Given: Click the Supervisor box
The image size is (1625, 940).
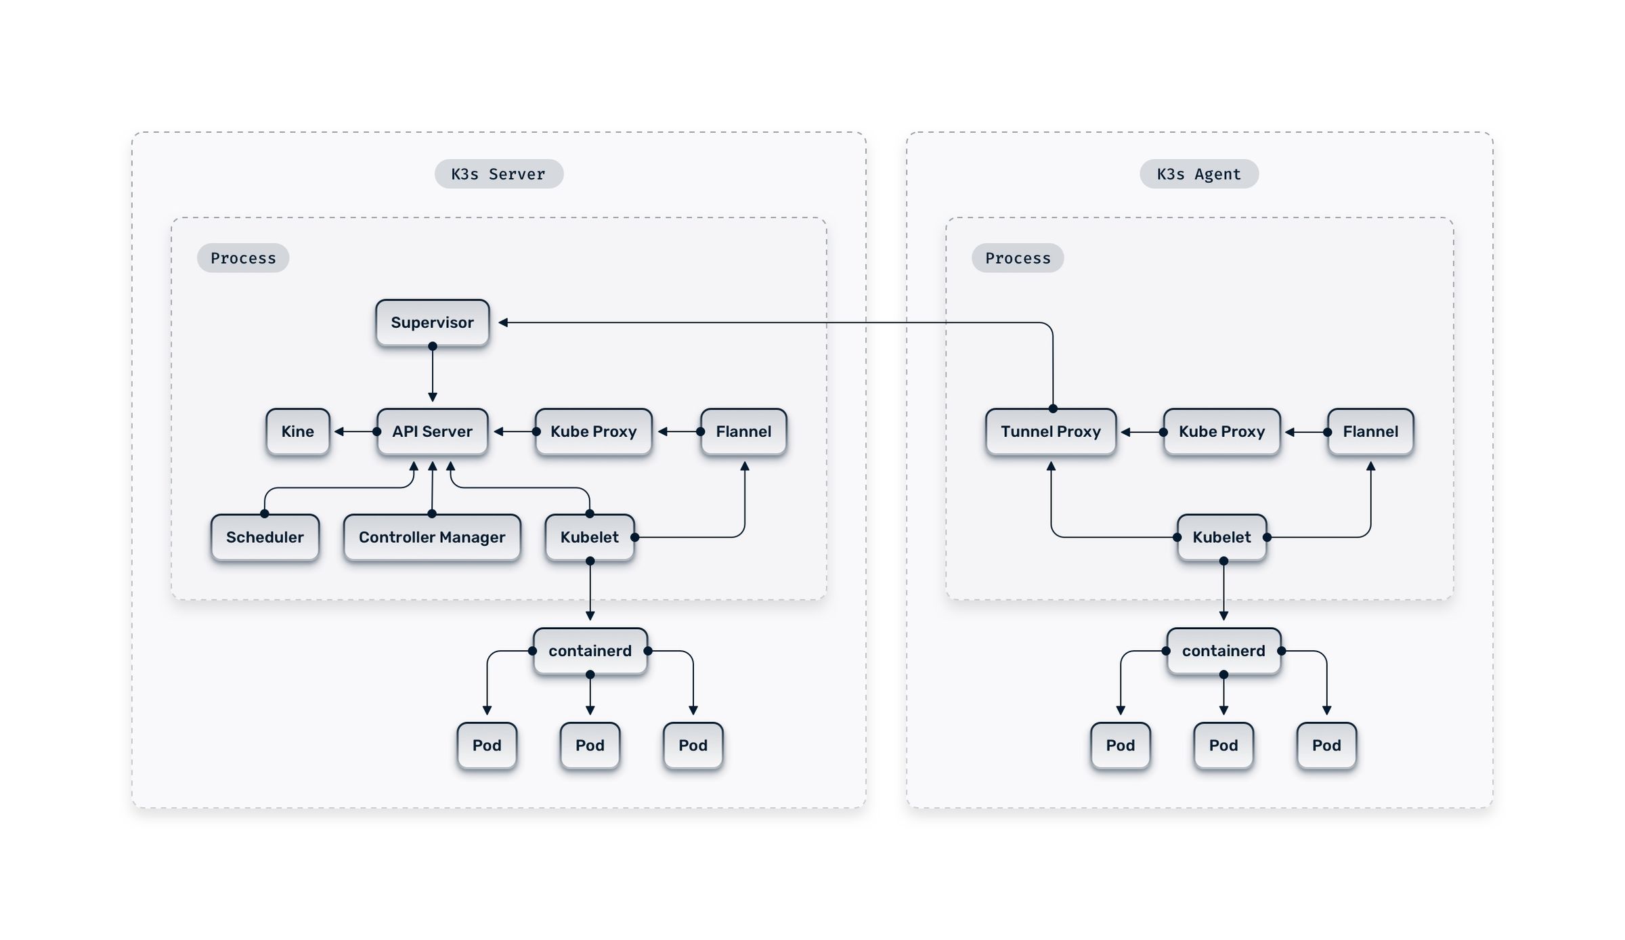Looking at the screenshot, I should [x=432, y=322].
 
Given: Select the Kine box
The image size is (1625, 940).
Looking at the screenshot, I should [x=297, y=431].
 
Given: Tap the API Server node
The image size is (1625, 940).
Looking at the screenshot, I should [x=432, y=431].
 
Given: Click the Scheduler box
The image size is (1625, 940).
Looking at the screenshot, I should [x=265, y=537].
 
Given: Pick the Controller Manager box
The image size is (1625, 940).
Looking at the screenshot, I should [x=432, y=537].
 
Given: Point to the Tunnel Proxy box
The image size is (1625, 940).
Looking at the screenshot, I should [x=1050, y=431].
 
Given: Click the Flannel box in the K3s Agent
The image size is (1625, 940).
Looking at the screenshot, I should [x=1370, y=431].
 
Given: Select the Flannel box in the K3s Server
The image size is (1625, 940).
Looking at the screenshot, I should [x=743, y=431].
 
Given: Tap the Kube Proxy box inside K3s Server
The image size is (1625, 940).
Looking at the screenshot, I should [x=593, y=431].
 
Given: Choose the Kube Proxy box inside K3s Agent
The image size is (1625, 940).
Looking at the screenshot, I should [x=1221, y=431].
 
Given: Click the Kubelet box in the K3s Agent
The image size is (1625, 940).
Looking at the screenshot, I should [x=1221, y=537].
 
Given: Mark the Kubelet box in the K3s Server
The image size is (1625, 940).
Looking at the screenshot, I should [x=589, y=537].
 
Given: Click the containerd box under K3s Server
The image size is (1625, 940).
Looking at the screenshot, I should [x=590, y=651].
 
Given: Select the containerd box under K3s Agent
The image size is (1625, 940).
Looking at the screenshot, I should [x=1223, y=651].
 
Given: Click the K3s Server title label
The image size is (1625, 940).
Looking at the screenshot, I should [x=498, y=174].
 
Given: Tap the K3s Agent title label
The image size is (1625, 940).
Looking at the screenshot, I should [x=1198, y=174].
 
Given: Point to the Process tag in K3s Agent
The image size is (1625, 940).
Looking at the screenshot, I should [x=1018, y=258].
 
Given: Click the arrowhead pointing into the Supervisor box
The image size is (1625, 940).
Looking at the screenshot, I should [x=503, y=322].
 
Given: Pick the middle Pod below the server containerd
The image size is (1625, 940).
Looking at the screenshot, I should [x=590, y=745].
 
